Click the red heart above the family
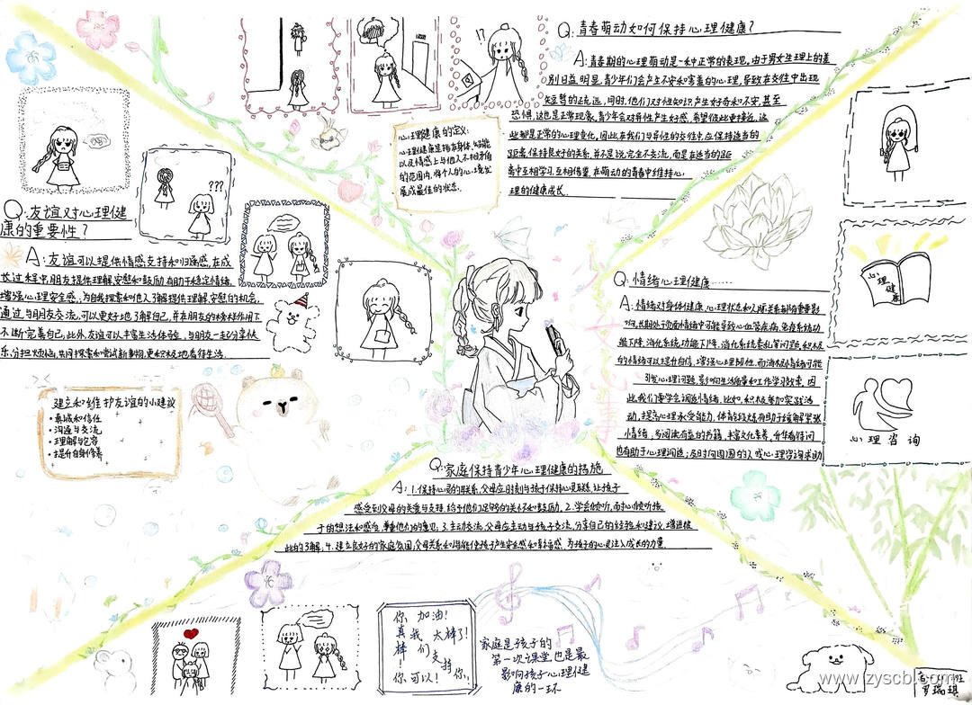tap(190, 633)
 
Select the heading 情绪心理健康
tap(667, 282)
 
